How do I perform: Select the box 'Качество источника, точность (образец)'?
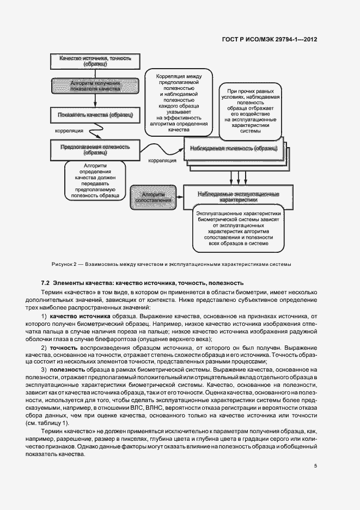(x=95, y=61)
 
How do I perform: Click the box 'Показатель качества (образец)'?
(x=95, y=115)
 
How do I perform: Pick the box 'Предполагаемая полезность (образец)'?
(x=95, y=149)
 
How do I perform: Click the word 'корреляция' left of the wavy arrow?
(x=69, y=131)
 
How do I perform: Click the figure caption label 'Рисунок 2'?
(x=65, y=264)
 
